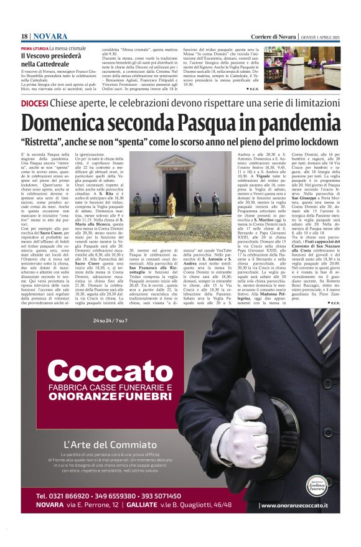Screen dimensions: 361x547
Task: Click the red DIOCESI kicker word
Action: (35, 103)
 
